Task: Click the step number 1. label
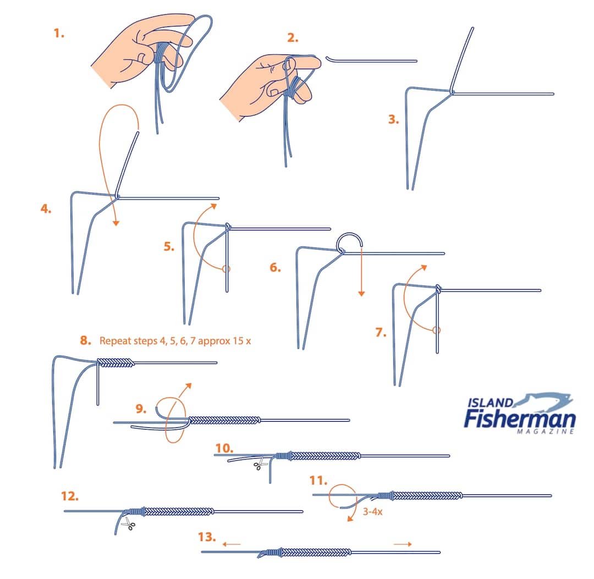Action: (x=59, y=34)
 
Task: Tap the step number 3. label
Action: (x=394, y=119)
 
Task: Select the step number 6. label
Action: (x=276, y=268)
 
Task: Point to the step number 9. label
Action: (x=141, y=409)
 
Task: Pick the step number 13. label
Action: (x=207, y=537)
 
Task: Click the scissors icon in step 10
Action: (x=260, y=463)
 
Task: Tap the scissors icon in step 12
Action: (x=128, y=523)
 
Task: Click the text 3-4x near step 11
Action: (x=372, y=511)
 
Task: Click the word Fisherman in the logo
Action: (x=520, y=418)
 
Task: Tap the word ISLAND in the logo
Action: (x=491, y=402)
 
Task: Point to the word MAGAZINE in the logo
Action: (x=546, y=431)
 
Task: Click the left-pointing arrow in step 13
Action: (x=232, y=544)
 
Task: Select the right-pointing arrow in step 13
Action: (x=403, y=544)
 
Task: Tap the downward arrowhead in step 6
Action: (x=361, y=293)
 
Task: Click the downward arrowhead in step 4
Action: (x=116, y=223)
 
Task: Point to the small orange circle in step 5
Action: (x=226, y=269)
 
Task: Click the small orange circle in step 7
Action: (x=436, y=330)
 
